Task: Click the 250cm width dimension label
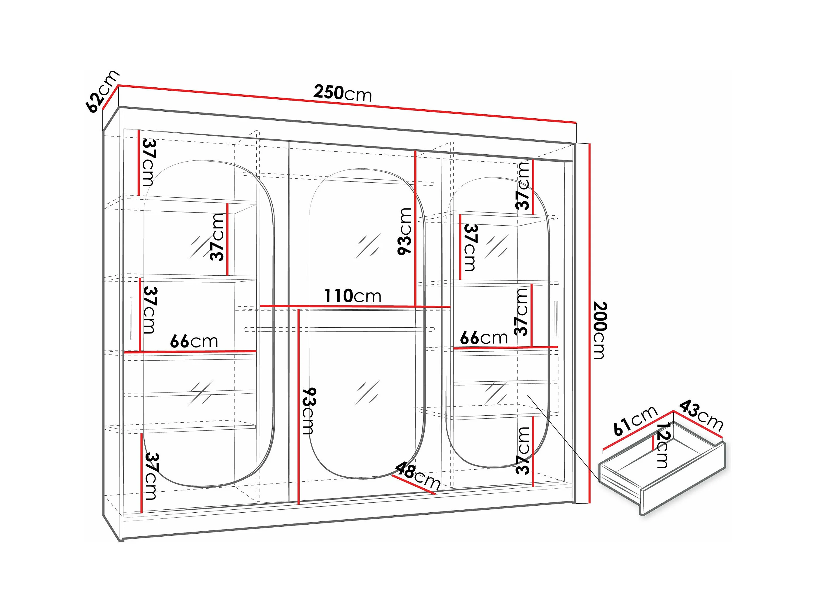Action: [x=342, y=93]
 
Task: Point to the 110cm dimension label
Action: [x=352, y=296]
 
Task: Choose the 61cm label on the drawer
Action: [x=635, y=420]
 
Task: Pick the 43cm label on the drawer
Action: [x=701, y=415]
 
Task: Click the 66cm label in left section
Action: [x=194, y=341]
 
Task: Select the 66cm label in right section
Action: [x=484, y=338]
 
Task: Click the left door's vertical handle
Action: [x=131, y=319]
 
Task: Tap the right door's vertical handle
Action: [x=556, y=319]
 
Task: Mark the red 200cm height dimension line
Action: [x=590, y=323]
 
